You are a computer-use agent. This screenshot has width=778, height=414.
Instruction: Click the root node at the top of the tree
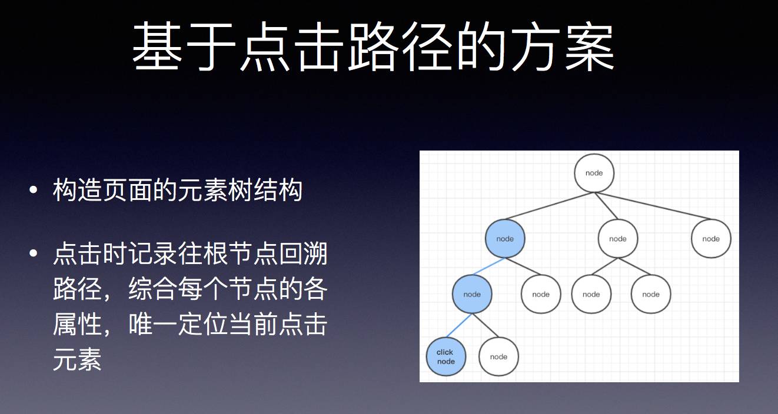[x=594, y=173]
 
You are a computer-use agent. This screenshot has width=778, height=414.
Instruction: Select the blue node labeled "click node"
[x=445, y=356]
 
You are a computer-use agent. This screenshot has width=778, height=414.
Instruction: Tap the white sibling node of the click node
[x=498, y=356]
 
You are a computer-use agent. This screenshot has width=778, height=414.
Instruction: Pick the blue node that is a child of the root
[x=505, y=239]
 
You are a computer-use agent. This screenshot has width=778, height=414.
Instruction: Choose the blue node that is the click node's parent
[x=472, y=294]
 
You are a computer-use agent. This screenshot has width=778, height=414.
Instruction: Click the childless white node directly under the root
[x=711, y=239]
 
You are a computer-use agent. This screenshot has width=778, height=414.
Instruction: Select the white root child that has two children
[x=618, y=239]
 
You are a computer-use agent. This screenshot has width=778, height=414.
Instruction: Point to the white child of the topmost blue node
[x=541, y=294]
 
